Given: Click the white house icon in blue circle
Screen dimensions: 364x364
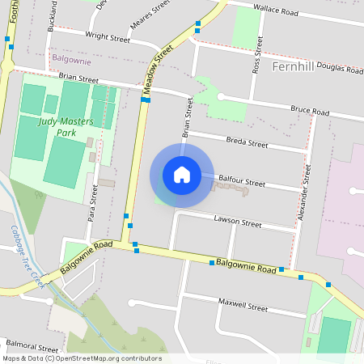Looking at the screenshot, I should [x=182, y=175].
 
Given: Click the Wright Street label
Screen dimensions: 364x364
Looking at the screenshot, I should [x=108, y=37].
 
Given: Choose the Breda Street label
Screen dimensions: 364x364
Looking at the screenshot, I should [x=247, y=143].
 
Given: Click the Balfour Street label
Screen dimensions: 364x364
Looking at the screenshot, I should [x=241, y=184].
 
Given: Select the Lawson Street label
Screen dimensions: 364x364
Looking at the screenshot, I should [x=238, y=222].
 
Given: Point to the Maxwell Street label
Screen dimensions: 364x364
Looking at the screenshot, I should [x=243, y=307].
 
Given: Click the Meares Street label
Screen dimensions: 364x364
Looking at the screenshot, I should [x=150, y=9].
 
